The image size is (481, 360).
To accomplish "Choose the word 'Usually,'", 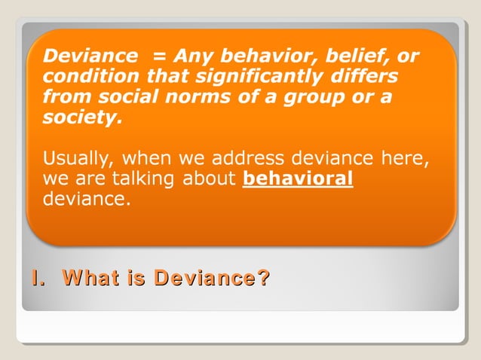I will click(78, 160).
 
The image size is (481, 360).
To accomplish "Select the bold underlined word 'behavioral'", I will click(299, 180).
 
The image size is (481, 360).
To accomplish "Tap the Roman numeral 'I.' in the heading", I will click(36, 279).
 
